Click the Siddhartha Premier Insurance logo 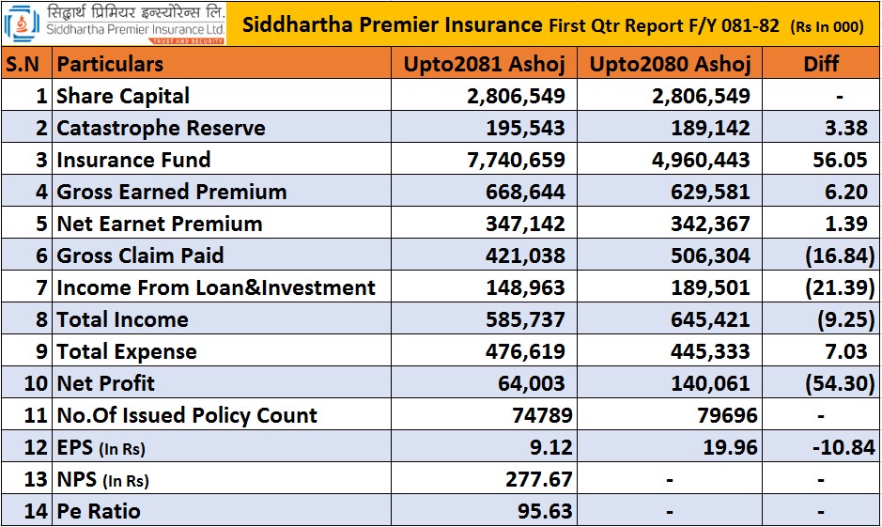[114, 23]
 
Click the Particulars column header [110, 64]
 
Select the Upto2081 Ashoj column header [483, 64]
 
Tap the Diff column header [821, 64]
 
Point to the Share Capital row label [123, 96]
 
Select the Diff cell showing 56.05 [840, 160]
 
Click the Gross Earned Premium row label [172, 192]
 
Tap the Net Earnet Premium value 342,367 [709, 224]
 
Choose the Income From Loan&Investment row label [216, 287]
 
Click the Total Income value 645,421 [709, 319]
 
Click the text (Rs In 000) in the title [825, 26]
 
